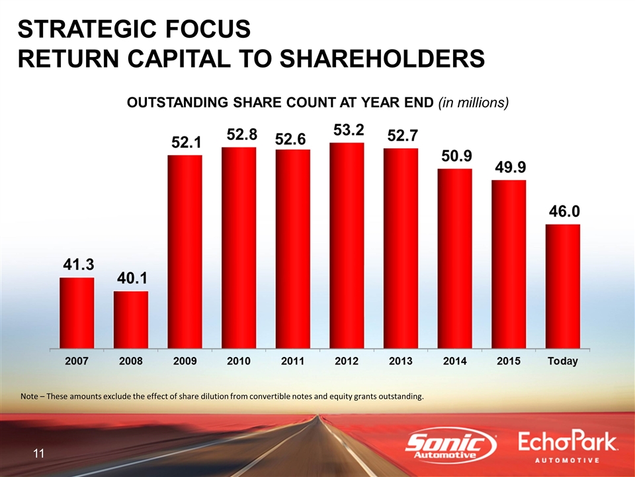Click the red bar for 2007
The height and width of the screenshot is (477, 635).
[77, 312]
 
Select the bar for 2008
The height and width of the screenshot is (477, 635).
[131, 319]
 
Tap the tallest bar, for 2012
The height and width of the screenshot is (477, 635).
[347, 244]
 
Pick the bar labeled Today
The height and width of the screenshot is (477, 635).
[562, 286]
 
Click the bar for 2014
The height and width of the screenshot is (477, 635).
[454, 258]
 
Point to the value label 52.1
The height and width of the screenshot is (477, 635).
[185, 142]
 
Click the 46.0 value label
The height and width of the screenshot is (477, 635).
[563, 211]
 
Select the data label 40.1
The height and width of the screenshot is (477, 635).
[132, 278]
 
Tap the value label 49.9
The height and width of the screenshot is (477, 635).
[509, 167]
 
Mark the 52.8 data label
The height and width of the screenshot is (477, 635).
[239, 134]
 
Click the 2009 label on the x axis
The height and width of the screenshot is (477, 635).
[185, 361]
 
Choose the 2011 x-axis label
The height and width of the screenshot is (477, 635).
[292, 361]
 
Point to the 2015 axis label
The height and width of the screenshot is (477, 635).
[509, 361]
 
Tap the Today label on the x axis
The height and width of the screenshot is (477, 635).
[562, 361]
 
